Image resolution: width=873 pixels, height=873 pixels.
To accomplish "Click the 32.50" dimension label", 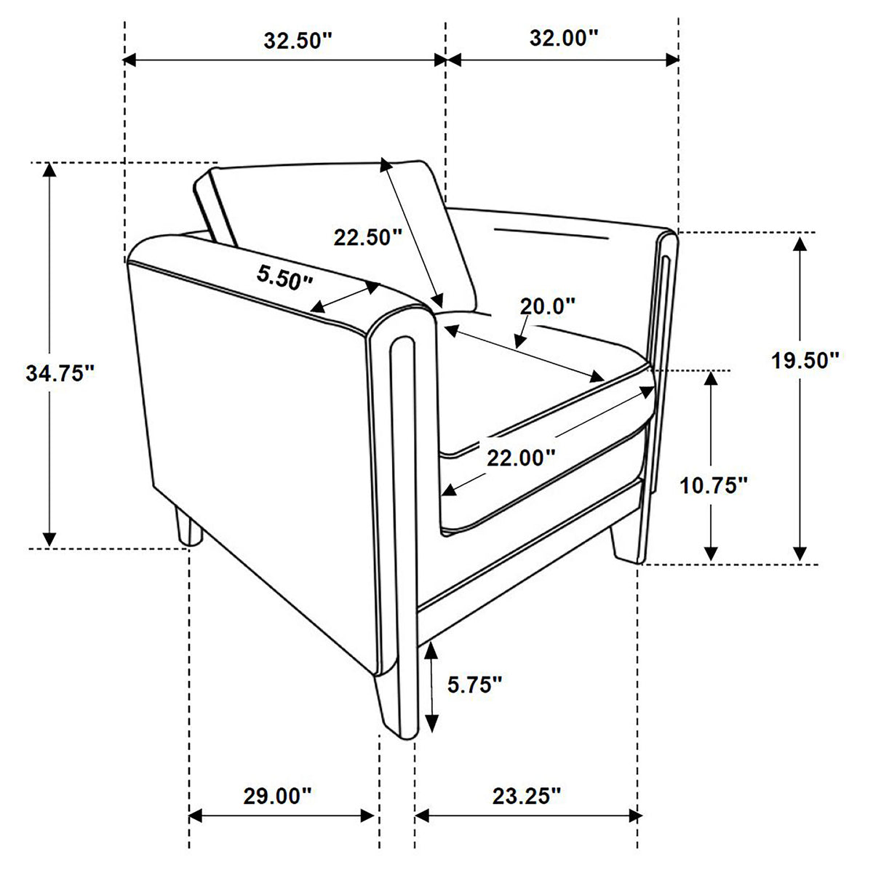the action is click(x=298, y=41).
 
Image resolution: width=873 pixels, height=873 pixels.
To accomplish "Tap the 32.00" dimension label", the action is click(x=564, y=38).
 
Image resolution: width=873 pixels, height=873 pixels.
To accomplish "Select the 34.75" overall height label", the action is click(x=60, y=373).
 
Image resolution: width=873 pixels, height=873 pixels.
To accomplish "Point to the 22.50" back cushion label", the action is click(x=368, y=237).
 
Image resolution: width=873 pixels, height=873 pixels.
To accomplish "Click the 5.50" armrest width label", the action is click(x=284, y=276).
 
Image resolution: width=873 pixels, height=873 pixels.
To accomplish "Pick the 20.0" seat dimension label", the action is click(x=547, y=306).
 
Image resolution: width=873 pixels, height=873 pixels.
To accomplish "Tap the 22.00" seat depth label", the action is click(x=521, y=458).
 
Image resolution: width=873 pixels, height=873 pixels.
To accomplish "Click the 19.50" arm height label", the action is click(x=805, y=360).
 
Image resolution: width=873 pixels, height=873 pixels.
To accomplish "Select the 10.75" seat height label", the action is click(x=713, y=486).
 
